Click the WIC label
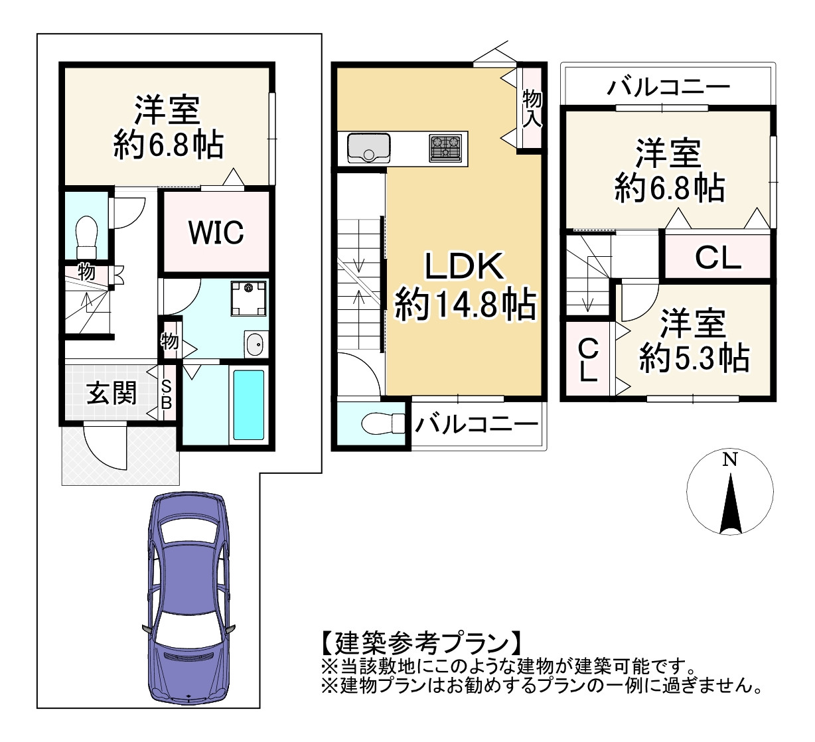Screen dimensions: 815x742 216,232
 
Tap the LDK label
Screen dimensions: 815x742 465,266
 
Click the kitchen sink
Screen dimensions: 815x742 368,148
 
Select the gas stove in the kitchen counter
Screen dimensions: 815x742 445,148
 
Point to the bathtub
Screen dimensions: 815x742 249,404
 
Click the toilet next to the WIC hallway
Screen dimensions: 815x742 86,238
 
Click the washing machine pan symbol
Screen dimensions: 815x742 249,299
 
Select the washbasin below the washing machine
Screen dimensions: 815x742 255,344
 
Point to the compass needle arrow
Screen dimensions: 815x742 731,504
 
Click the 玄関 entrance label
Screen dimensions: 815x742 111,393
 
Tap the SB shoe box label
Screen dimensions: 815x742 167,394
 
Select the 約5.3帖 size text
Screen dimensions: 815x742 695,358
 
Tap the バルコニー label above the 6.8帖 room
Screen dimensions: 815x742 668,86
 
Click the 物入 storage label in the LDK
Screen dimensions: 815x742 532,108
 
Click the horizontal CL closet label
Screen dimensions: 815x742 718,258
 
